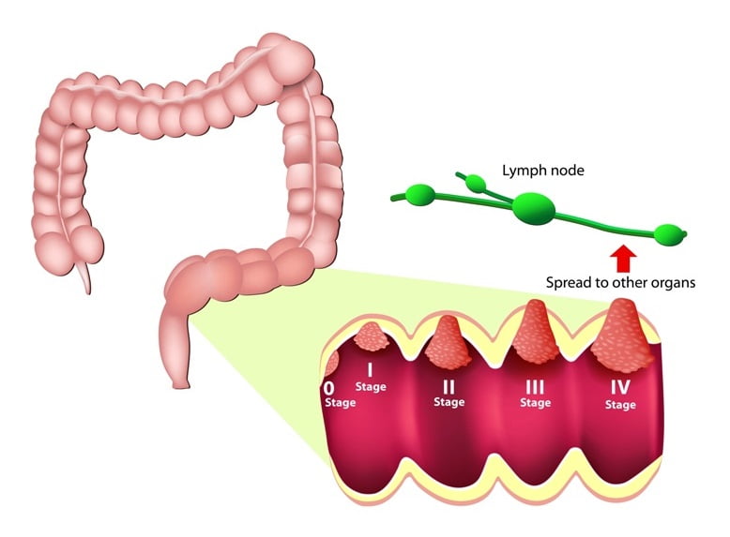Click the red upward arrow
tap(622, 259)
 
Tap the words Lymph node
tap(543, 171)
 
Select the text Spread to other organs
tap(620, 283)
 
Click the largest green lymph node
tap(534, 208)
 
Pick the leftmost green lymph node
tap(421, 193)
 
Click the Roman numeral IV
tap(620, 387)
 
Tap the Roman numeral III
tap(535, 387)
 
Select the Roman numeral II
tap(449, 387)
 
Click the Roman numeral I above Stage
tap(370, 370)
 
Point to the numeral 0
tap(328, 388)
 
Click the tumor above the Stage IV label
tap(622, 333)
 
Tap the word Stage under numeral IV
tap(620, 405)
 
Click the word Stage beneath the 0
tap(341, 402)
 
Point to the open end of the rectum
tap(181, 384)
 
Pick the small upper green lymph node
tap(476, 184)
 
